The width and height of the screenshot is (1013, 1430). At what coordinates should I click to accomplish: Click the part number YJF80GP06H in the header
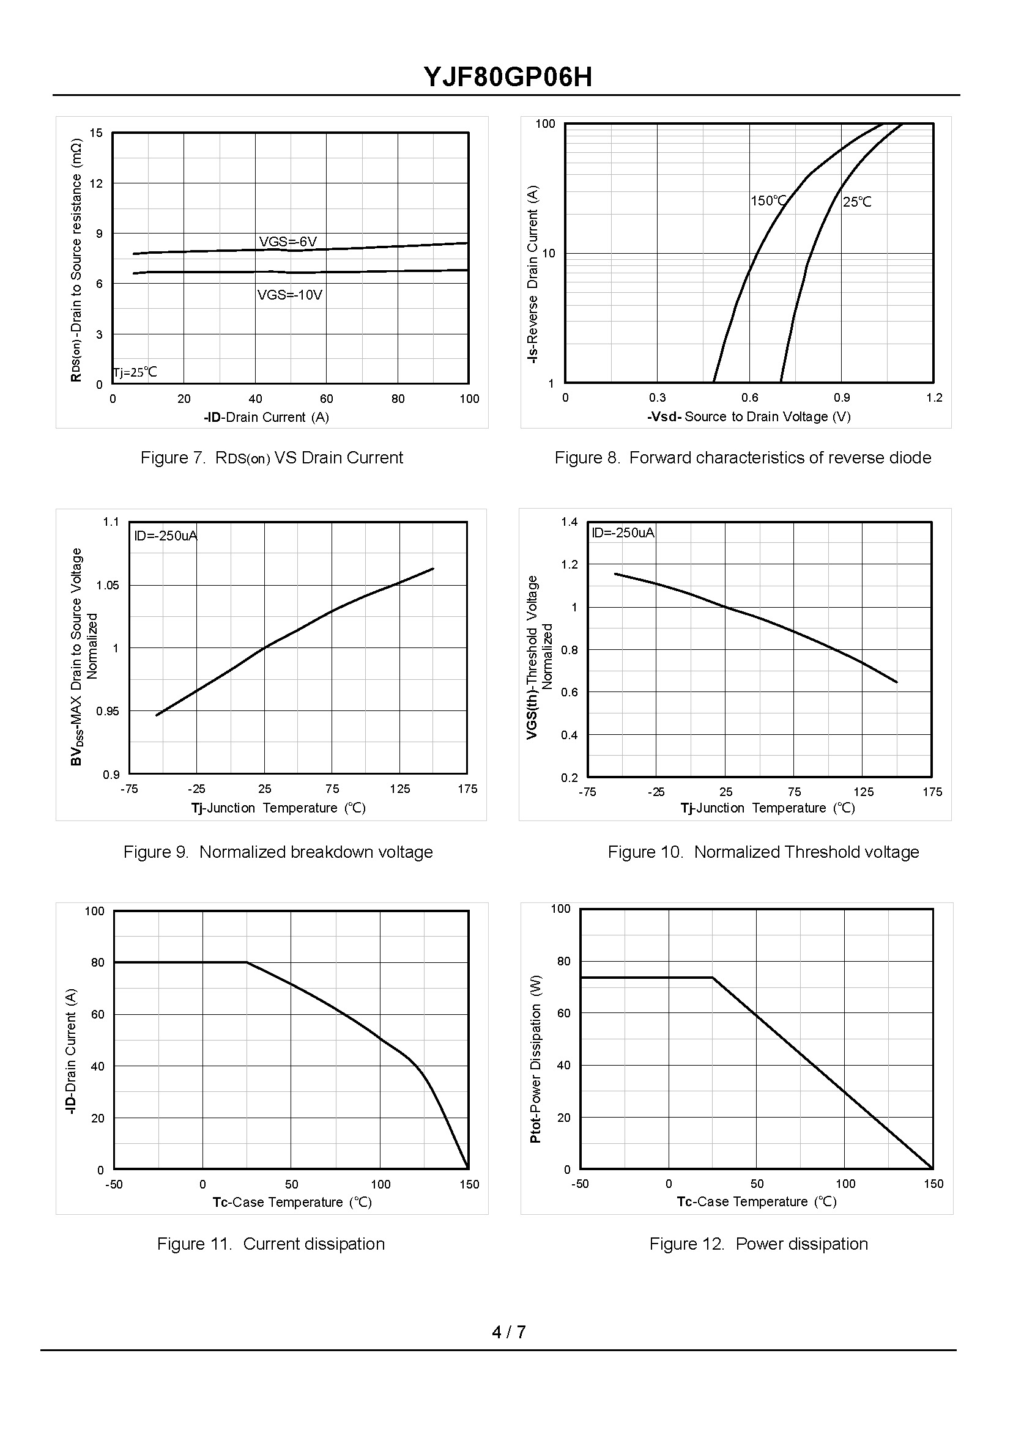(x=508, y=77)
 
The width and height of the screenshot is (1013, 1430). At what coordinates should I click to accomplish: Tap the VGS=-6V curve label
(x=288, y=241)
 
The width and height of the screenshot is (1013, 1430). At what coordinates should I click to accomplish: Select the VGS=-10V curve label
(x=290, y=295)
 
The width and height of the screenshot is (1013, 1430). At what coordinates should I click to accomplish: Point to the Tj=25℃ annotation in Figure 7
(x=135, y=373)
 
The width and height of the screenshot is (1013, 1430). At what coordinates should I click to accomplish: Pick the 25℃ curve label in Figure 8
(x=857, y=202)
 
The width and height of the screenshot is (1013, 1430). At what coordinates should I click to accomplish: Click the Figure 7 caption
(x=272, y=458)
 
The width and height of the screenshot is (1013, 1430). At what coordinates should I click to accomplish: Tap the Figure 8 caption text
(x=742, y=458)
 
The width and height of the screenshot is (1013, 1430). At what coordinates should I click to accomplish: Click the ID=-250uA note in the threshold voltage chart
(x=623, y=533)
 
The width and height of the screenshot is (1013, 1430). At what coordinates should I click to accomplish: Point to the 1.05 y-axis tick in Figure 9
(x=107, y=585)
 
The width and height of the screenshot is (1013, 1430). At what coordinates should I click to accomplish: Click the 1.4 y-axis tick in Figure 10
(x=570, y=522)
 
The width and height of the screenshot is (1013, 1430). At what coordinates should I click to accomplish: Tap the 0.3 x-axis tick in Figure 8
(x=658, y=398)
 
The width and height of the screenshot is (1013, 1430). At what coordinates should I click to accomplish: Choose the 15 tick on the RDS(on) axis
(x=96, y=133)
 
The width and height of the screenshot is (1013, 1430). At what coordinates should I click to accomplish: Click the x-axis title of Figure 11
(x=292, y=1202)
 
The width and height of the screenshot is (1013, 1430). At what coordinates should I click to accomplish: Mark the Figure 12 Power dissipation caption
(x=759, y=1244)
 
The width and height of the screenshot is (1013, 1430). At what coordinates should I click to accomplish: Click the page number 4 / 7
(x=508, y=1332)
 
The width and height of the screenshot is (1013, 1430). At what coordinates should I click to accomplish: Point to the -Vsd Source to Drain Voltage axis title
(x=749, y=416)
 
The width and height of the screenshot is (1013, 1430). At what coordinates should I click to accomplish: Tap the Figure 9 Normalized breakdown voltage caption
(x=278, y=852)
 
